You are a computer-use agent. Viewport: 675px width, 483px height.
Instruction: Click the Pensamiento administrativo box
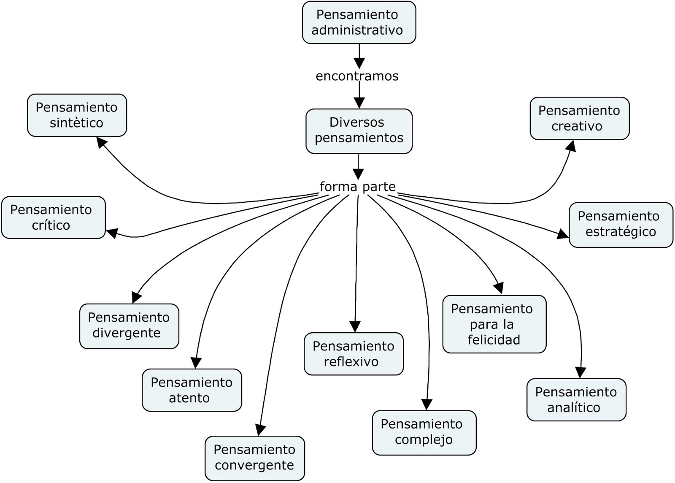[x=359, y=22]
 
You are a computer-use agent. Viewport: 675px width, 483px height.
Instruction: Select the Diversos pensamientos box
[x=359, y=131]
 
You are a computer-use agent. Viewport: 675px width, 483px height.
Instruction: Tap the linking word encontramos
[x=357, y=76]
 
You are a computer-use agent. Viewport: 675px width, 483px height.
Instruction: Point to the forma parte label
[x=358, y=187]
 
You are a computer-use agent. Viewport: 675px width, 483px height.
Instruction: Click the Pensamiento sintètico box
[x=77, y=115]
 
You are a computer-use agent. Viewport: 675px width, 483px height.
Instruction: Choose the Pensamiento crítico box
[x=53, y=217]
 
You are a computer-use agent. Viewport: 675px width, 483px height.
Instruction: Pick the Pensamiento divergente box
[x=129, y=326]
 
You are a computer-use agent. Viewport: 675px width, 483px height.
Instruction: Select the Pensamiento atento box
[x=192, y=390]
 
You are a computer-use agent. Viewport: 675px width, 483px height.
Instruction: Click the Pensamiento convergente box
[x=254, y=458]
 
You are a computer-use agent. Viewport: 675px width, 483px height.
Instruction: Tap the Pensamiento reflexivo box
[x=354, y=354]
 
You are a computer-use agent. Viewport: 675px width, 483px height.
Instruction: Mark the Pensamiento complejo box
[x=424, y=432]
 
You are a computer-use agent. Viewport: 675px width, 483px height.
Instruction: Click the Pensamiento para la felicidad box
[x=494, y=324]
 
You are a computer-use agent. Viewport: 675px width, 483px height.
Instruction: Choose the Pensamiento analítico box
[x=576, y=399]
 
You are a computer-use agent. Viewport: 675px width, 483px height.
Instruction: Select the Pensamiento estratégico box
[x=621, y=225]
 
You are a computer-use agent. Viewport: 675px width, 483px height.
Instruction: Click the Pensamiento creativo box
[x=579, y=118]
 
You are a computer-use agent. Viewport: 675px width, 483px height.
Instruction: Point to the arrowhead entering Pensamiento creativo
[x=571, y=146]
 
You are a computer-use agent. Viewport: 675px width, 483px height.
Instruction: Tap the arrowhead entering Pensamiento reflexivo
[x=355, y=326]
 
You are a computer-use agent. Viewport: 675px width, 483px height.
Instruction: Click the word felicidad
[x=494, y=340]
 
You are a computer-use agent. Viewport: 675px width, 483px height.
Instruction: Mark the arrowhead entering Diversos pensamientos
[x=359, y=103]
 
